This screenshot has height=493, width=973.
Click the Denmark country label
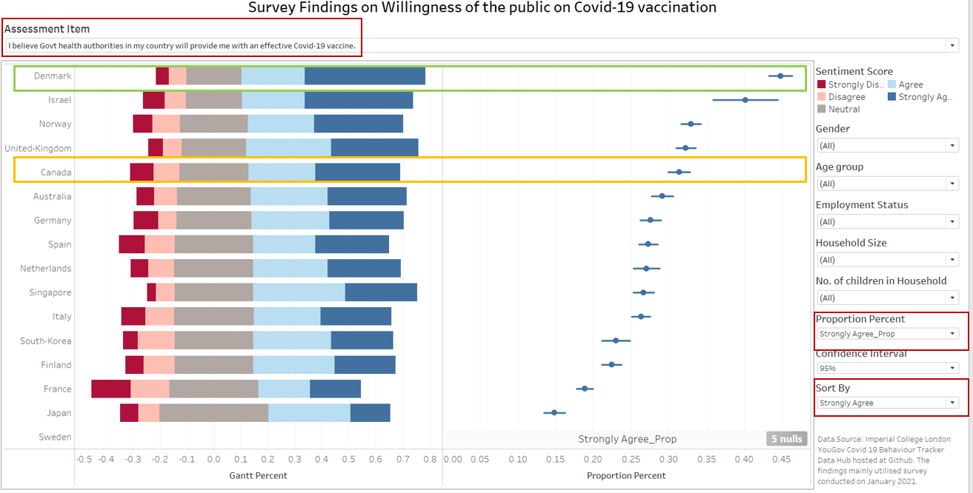click(x=53, y=76)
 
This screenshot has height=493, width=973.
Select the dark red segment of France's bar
click(x=111, y=389)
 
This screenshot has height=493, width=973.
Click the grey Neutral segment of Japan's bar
click(x=213, y=413)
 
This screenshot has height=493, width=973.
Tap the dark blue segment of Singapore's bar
click(x=381, y=292)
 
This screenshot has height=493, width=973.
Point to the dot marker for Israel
click(x=745, y=100)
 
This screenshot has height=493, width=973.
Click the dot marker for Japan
click(x=554, y=412)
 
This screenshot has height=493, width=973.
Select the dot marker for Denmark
click(x=780, y=76)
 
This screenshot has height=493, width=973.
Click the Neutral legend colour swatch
click(x=821, y=110)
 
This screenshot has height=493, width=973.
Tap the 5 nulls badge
click(x=786, y=439)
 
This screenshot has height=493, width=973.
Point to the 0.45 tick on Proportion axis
click(x=781, y=459)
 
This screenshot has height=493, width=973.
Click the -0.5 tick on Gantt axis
click(x=84, y=459)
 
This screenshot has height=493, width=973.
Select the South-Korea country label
click(x=46, y=341)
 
